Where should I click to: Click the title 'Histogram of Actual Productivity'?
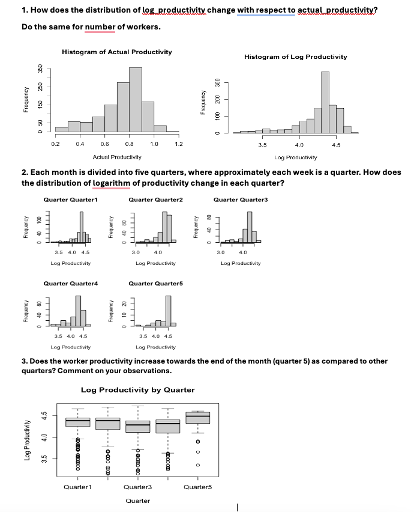click(116, 52)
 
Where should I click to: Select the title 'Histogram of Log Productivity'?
click(296, 56)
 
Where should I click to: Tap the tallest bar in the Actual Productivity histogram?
click(136, 99)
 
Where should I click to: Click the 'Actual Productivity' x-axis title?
click(117, 157)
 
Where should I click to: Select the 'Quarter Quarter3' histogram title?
click(241, 199)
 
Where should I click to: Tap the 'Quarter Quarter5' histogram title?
click(155, 282)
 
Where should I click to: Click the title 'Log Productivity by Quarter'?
click(137, 390)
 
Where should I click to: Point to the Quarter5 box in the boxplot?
click(198, 418)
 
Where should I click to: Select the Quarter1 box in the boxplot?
click(77, 422)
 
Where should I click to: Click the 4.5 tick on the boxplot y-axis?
click(44, 415)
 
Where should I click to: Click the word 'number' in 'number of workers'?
click(100, 26)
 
